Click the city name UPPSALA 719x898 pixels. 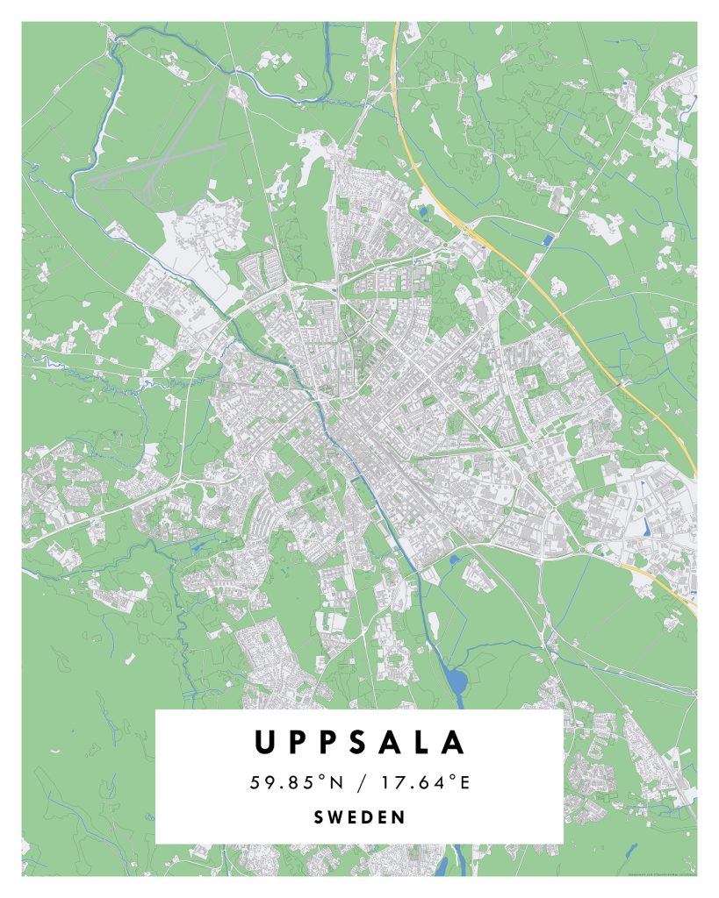[x=359, y=743]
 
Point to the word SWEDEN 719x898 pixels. [x=359, y=817]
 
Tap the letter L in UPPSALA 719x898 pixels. [x=421, y=743]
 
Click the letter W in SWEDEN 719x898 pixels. [x=339, y=817]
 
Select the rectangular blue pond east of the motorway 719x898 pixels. [x=549, y=239]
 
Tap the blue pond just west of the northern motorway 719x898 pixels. [x=425, y=210]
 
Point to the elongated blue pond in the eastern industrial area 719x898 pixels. [x=648, y=527]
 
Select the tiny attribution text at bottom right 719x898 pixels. [x=662, y=873]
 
